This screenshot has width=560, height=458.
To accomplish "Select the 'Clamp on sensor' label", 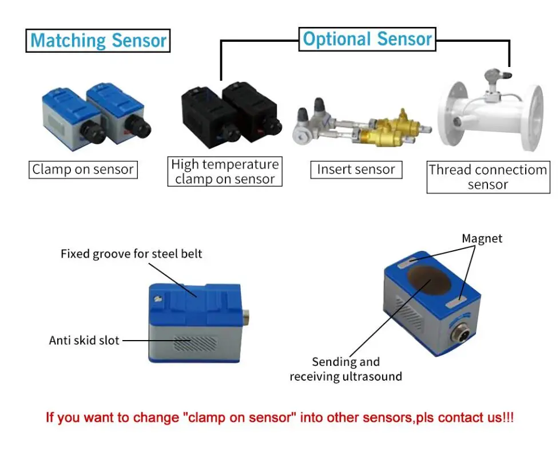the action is [x=83, y=169].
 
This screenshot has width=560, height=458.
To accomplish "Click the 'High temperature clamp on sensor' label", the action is [x=225, y=172].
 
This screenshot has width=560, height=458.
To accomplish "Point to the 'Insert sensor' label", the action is [x=356, y=169].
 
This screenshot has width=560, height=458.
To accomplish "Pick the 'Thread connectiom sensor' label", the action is [x=488, y=177].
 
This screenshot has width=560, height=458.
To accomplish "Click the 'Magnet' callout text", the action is [x=482, y=239].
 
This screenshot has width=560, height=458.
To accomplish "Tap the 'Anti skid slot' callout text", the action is [x=84, y=341].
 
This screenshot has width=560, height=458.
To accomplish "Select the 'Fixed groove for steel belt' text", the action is [x=132, y=254].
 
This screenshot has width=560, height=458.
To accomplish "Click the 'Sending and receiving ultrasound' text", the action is [x=345, y=369].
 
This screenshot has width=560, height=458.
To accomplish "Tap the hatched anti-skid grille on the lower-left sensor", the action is [x=196, y=343].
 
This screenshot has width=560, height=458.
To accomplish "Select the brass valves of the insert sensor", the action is [x=390, y=131].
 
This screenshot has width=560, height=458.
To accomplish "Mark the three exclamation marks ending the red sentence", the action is [x=508, y=417].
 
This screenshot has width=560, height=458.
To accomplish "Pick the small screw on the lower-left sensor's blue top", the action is [x=157, y=298].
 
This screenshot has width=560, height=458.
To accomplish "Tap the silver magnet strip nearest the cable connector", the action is [x=457, y=302].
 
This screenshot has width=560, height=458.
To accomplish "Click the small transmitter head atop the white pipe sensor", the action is [x=498, y=75].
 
